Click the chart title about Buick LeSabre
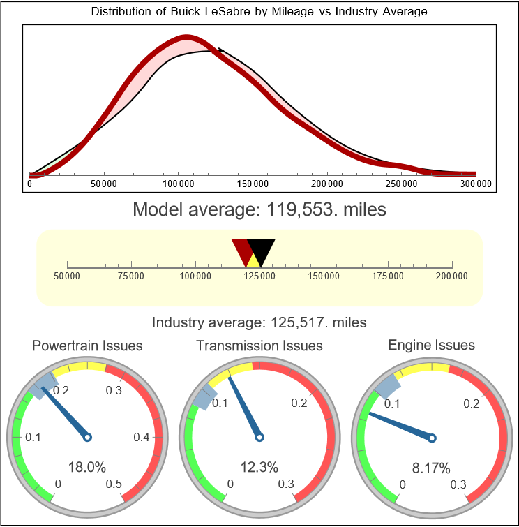point(259,12)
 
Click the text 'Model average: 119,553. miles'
point(259,209)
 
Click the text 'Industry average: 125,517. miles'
point(259,322)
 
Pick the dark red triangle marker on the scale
point(242,250)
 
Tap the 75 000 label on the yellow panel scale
point(131,276)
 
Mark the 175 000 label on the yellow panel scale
point(388,276)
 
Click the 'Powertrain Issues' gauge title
point(87,346)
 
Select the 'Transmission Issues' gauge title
point(259,346)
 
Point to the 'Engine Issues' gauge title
point(431,345)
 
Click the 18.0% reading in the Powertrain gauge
point(87,467)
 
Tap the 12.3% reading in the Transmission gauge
point(259,467)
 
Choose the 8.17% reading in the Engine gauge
point(431,467)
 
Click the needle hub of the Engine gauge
point(432,438)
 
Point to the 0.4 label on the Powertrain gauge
point(142,438)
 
